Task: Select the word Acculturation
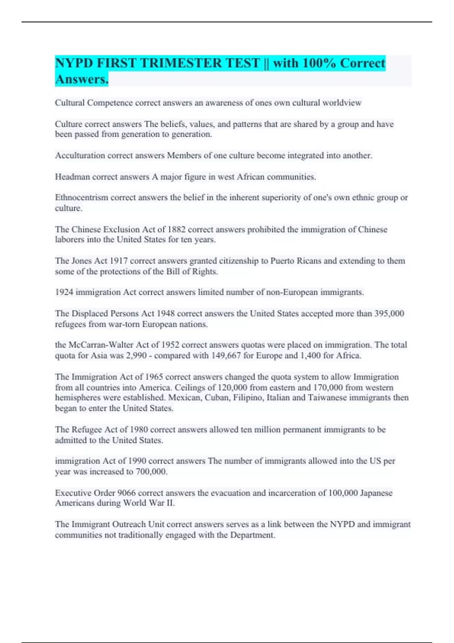pyautogui.click(x=80, y=155)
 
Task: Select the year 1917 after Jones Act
pyautogui.click(x=118, y=261)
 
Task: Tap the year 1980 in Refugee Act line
pyautogui.click(x=139, y=430)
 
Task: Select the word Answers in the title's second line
pyautogui.click(x=81, y=79)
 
